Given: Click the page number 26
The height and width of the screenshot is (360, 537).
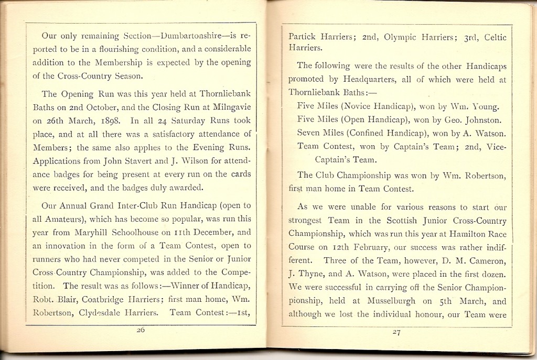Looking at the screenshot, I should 141,330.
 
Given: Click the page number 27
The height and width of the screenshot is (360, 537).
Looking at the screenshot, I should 396,332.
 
